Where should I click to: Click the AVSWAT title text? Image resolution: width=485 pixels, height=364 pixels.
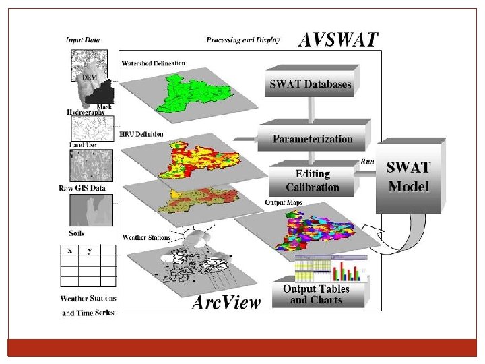(338, 40)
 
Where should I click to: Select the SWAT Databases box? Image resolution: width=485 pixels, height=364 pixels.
(310, 85)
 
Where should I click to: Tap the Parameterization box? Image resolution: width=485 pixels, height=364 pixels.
(313, 139)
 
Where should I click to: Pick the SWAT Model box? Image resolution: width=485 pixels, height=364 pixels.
(408, 177)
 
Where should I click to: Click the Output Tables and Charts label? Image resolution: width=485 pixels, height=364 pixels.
(316, 295)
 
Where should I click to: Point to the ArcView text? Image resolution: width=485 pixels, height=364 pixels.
(226, 302)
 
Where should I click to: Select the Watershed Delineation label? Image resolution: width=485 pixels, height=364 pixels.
(153, 63)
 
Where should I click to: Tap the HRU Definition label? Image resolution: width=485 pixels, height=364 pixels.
(141, 134)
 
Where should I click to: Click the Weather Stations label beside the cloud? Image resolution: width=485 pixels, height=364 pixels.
(145, 237)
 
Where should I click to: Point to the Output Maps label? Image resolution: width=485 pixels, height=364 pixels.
(284, 202)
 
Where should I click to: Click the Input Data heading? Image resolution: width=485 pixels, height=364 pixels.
(83, 40)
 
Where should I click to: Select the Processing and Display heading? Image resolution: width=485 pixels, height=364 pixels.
(243, 40)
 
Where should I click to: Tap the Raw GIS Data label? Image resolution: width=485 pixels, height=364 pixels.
(82, 189)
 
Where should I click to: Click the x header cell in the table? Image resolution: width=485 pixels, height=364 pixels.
(69, 250)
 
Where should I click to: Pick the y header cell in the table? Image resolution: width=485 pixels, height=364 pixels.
(89, 250)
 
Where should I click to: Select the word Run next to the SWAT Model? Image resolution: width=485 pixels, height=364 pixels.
(368, 162)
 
